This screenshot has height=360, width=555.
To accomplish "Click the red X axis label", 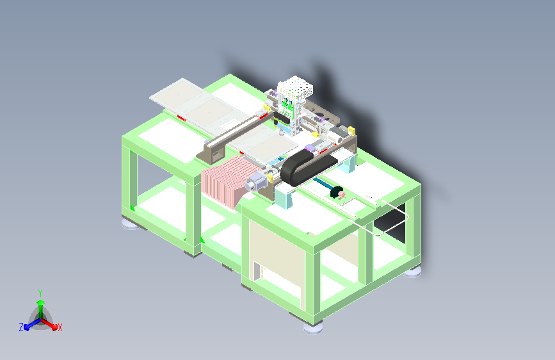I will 60,327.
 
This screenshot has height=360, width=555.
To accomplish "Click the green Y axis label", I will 40,292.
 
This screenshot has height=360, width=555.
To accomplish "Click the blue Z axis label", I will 21,327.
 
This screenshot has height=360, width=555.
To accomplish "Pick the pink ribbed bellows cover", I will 225,183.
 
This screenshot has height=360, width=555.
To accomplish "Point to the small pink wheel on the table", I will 341,194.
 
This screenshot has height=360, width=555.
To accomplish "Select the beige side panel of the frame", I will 275,252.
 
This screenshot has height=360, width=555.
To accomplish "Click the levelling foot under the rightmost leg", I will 413,272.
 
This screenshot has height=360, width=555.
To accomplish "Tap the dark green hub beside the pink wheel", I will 334,191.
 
